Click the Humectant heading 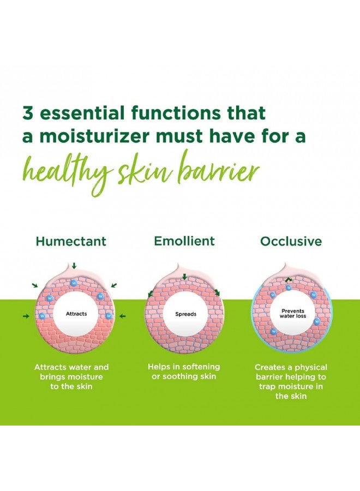coord(71,242)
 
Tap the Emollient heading coord(184,241)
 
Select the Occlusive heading coord(291,242)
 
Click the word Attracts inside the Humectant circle coord(76,314)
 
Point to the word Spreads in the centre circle coord(185,314)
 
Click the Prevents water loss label coord(293,314)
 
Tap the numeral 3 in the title coord(28,113)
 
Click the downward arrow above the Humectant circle coord(74,266)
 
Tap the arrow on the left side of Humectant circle coord(26,316)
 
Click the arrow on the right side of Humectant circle coord(123,316)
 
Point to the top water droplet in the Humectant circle coord(74,283)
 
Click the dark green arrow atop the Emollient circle coord(184,277)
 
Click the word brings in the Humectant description coord(52,377)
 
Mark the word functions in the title coord(176,113)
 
